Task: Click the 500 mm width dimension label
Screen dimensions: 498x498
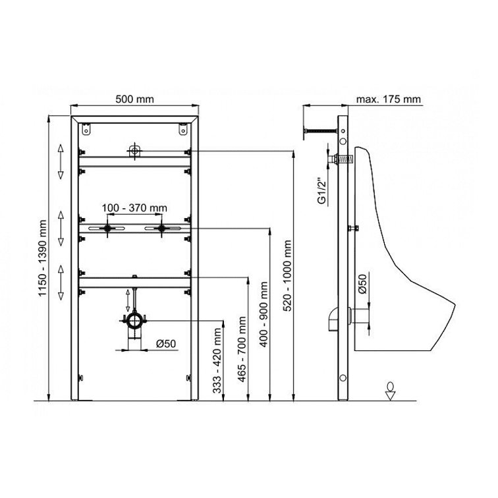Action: point(134,99)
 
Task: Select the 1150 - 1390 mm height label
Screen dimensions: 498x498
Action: point(43,258)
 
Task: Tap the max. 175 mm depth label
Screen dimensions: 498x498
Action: point(388,99)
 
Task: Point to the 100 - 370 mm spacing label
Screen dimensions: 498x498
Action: point(134,208)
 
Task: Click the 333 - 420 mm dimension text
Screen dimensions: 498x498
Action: point(217,361)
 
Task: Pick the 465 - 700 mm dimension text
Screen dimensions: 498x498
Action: point(242,349)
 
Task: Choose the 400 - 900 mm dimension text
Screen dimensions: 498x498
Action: point(263,314)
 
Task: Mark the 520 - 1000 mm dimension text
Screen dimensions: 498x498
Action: point(287,275)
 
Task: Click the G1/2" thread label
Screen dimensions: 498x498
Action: point(322,192)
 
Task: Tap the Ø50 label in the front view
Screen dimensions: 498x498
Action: point(166,344)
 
